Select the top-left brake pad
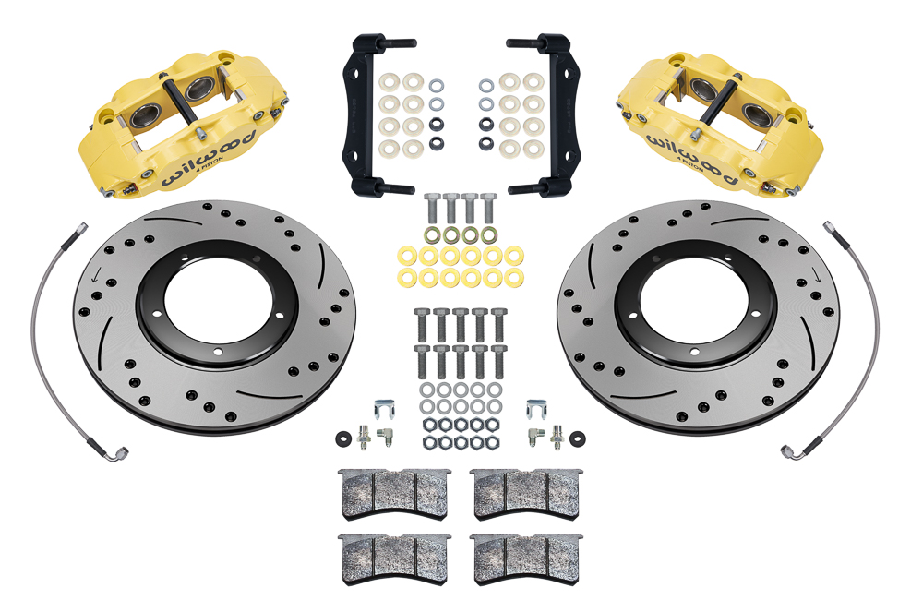click(391, 494)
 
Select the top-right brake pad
click(525, 494)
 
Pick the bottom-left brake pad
click(391, 554)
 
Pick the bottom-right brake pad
click(525, 554)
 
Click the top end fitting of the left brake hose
click(80, 227)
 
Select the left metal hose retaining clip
click(384, 408)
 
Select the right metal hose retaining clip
click(535, 408)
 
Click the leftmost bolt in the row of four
click(431, 207)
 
